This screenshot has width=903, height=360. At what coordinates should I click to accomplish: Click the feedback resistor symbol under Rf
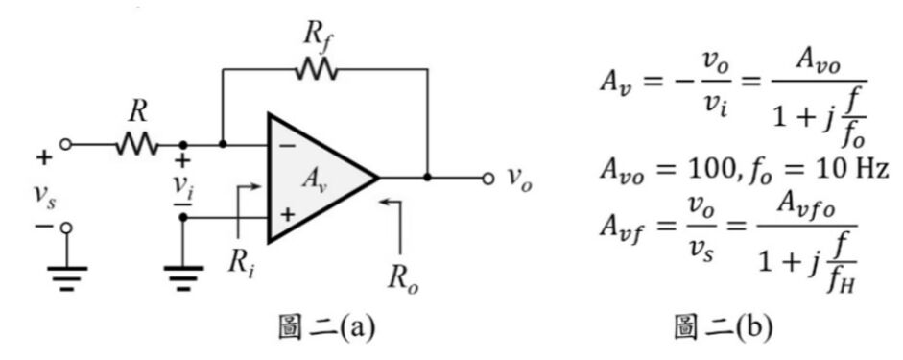click(316, 70)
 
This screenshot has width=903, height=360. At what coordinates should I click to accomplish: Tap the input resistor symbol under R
click(136, 144)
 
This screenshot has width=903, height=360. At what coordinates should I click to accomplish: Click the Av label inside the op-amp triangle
click(315, 180)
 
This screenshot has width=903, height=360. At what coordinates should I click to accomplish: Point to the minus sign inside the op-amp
click(286, 145)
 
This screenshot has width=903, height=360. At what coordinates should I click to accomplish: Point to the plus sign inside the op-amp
click(287, 215)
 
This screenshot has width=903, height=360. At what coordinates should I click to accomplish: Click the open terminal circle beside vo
click(488, 178)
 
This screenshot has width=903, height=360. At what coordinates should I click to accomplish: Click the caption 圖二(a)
click(326, 328)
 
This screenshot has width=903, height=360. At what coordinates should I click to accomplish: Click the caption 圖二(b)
click(723, 328)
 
